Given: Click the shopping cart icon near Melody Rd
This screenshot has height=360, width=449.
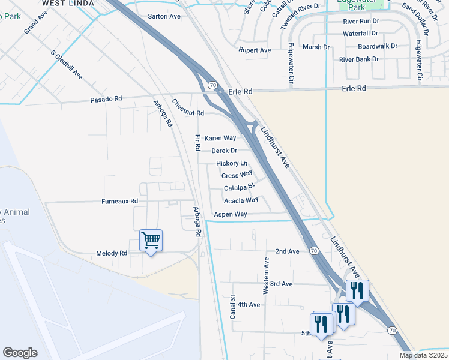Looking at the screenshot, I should point(151,241).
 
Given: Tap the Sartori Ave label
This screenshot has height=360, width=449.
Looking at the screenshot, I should point(164,16).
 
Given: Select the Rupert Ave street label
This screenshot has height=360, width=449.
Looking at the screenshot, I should point(255,50).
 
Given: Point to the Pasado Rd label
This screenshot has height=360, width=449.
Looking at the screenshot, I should point(106,98).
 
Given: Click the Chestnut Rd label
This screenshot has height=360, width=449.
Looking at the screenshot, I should point(188,109).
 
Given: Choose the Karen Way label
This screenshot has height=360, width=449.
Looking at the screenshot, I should point(220,138).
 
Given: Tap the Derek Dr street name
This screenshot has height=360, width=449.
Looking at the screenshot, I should point(224,151).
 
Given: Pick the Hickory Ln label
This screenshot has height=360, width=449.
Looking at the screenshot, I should point(232,163).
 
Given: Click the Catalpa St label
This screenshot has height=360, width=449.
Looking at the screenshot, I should point(240,188).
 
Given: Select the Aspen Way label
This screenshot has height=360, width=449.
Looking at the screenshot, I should point(231,214).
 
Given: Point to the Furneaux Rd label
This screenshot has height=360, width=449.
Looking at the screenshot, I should point(119,201).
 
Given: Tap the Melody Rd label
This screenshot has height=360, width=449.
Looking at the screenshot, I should point(112,253).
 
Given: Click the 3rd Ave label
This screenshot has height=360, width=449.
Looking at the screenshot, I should point(281,283).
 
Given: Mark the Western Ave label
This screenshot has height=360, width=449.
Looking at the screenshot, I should point(266,275).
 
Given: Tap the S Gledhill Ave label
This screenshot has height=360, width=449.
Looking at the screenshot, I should point(67,65).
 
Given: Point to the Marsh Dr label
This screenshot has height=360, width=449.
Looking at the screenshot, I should point(316,46).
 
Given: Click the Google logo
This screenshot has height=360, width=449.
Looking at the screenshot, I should point(20,353).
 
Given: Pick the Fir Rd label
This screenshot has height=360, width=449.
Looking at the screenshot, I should point(197,143).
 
